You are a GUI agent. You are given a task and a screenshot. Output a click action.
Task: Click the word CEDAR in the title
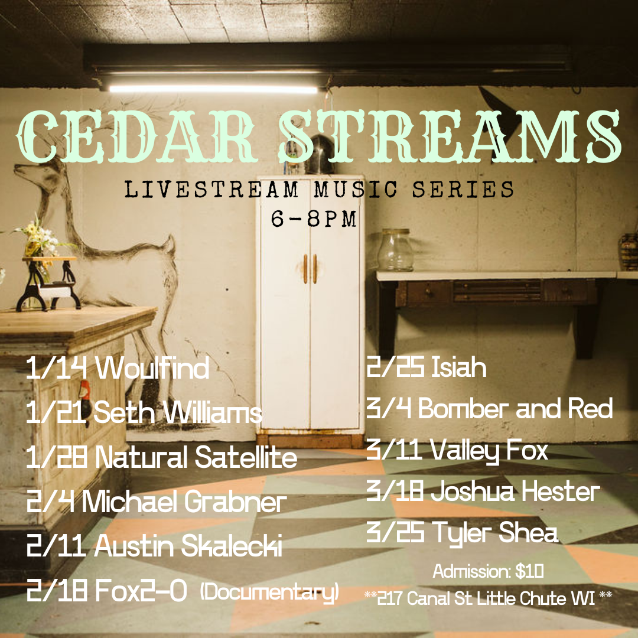[x=137, y=136]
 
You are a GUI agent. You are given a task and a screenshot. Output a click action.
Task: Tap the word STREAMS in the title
[x=450, y=136]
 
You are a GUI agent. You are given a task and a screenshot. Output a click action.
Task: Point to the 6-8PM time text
[x=314, y=219]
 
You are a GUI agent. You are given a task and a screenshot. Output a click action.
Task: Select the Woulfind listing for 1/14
[x=118, y=368]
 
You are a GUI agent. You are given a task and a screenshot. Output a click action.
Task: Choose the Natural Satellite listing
[x=161, y=457]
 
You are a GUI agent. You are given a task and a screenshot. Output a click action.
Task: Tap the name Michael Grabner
[x=184, y=502]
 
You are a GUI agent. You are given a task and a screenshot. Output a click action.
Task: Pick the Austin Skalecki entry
[x=155, y=545]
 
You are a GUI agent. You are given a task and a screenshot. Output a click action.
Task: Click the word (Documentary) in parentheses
[x=270, y=591]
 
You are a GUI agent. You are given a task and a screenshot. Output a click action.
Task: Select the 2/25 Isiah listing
[x=426, y=367]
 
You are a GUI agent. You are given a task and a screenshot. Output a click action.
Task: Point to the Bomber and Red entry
[x=490, y=408]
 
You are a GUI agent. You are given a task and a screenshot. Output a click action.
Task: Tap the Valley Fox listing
[x=457, y=451]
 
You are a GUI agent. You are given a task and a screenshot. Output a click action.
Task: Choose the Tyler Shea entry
[x=462, y=533]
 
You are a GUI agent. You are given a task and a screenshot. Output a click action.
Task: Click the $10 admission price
[x=529, y=571]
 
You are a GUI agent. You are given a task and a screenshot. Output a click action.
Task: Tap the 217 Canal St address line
[x=489, y=598]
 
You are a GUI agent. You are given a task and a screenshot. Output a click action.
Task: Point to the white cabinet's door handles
[x=310, y=269]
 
